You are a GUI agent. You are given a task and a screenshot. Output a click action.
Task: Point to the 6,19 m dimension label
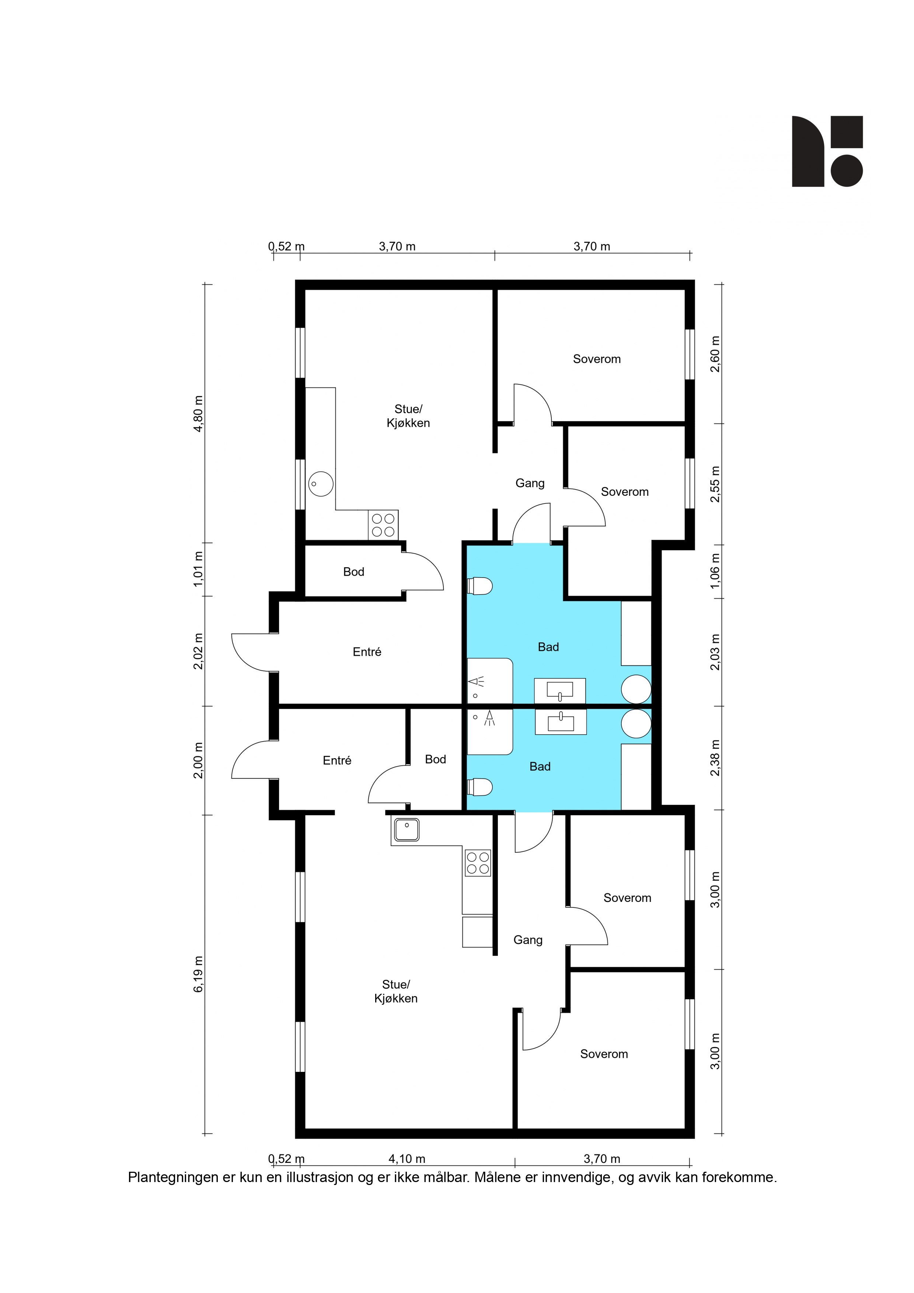(198, 974)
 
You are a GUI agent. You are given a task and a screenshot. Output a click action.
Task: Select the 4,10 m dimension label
(407, 1158)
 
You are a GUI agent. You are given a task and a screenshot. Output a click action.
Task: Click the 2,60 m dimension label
(715, 354)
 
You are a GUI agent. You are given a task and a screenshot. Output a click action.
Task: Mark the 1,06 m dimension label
(715, 571)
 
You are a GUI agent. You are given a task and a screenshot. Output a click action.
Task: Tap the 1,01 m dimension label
(198, 569)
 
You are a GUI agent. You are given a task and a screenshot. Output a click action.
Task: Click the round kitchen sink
(320, 484)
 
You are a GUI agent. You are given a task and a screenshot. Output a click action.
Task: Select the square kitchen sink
(407, 830)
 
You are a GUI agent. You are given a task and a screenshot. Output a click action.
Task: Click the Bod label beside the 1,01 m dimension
(354, 572)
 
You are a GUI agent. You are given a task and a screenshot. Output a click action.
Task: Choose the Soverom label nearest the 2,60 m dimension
(597, 359)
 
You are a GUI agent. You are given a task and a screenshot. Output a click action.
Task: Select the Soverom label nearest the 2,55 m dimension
(625, 492)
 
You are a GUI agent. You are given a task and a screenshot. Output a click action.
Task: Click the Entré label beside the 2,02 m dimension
(367, 652)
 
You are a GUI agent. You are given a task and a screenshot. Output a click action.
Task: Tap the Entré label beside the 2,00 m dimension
(337, 760)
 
